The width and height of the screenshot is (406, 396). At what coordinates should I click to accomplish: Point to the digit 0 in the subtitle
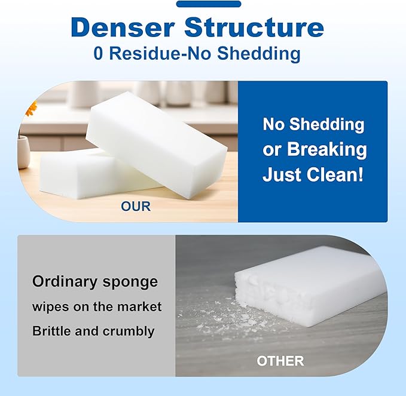(99, 53)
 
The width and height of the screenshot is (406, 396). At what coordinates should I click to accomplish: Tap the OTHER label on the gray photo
(280, 361)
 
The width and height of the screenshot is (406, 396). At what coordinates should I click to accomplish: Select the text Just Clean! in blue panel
(313, 176)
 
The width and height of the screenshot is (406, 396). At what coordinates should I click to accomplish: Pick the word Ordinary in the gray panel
(61, 281)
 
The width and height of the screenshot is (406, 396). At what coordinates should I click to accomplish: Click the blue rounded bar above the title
(209, 4)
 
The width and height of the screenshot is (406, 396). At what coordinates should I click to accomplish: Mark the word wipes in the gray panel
(50, 306)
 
